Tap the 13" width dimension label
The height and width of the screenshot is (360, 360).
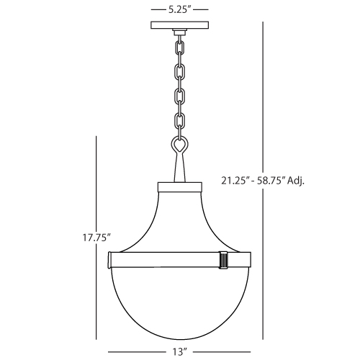179,352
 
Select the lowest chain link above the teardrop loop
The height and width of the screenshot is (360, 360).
179,120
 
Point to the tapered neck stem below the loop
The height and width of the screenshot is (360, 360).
179,171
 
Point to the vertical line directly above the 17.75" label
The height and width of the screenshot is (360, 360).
96,180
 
